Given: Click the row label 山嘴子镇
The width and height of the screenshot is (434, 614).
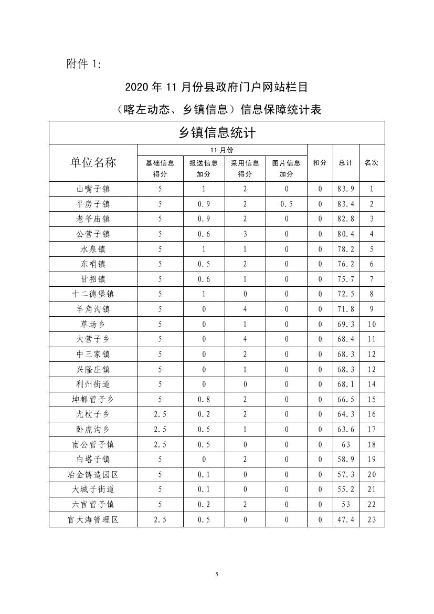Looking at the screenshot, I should click(93, 189).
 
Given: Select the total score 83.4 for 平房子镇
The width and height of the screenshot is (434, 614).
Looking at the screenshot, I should click(345, 204).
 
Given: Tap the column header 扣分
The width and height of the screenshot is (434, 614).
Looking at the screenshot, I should click(320, 163).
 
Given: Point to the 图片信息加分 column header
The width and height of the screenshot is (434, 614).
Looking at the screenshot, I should click(286, 169).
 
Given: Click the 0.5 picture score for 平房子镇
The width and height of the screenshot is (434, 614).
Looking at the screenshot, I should click(286, 204).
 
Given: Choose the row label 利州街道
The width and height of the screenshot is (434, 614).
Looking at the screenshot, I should click(93, 384).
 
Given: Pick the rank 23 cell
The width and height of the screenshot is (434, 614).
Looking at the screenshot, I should click(372, 520).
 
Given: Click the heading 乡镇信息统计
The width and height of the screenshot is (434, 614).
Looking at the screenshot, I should click(217, 132).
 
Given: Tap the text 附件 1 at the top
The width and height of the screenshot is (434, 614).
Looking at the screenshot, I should click(83, 64).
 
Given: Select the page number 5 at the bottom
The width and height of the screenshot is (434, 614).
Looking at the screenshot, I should click(216, 574).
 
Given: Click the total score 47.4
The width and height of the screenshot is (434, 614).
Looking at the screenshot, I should click(345, 520).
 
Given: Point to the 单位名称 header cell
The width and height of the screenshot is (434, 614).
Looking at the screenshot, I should click(93, 163).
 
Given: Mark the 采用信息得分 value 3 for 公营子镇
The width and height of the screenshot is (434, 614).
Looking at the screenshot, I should click(245, 234).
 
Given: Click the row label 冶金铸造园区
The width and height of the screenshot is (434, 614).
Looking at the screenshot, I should click(93, 475).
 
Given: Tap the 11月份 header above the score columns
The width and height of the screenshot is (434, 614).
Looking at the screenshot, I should click(221, 150).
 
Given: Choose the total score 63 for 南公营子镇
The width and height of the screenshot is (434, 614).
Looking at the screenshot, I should click(345, 445).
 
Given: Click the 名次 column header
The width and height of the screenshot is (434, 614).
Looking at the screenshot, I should click(372, 163).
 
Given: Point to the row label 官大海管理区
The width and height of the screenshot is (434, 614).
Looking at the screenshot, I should click(93, 520).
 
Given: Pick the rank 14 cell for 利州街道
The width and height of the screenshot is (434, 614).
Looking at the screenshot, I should click(372, 384).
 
